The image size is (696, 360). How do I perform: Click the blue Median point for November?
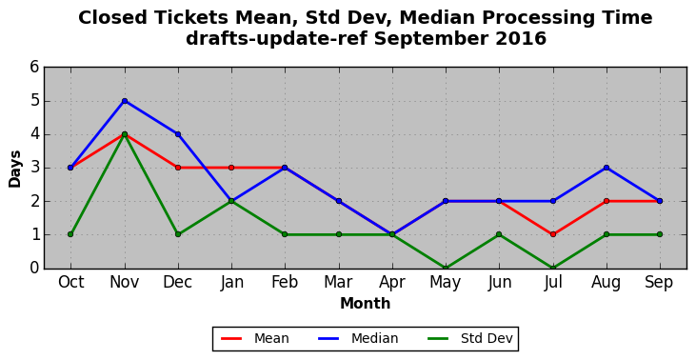click(125, 101)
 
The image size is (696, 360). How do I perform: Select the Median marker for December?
click(178, 134)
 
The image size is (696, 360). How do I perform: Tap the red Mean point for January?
click(231, 168)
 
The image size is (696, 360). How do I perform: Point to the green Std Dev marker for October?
click(70, 234)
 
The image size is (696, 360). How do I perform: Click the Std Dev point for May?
click(446, 268)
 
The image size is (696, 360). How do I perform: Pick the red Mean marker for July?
click(553, 234)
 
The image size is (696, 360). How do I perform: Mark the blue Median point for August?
click(607, 168)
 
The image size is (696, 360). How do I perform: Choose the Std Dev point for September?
click(660, 234)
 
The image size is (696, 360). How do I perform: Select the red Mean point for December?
click(178, 168)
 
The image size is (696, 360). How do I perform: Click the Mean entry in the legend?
click(255, 339)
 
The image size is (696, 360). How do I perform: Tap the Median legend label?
click(358, 339)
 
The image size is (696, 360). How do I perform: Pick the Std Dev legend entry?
click(470, 339)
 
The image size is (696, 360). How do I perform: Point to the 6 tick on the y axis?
click(34, 68)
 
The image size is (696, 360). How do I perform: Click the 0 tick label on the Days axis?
click(34, 269)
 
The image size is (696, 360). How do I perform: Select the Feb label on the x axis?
click(285, 282)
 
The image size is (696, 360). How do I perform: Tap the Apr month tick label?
click(392, 283)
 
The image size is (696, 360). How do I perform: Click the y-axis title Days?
click(14, 169)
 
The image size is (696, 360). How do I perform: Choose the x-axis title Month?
click(366, 304)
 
